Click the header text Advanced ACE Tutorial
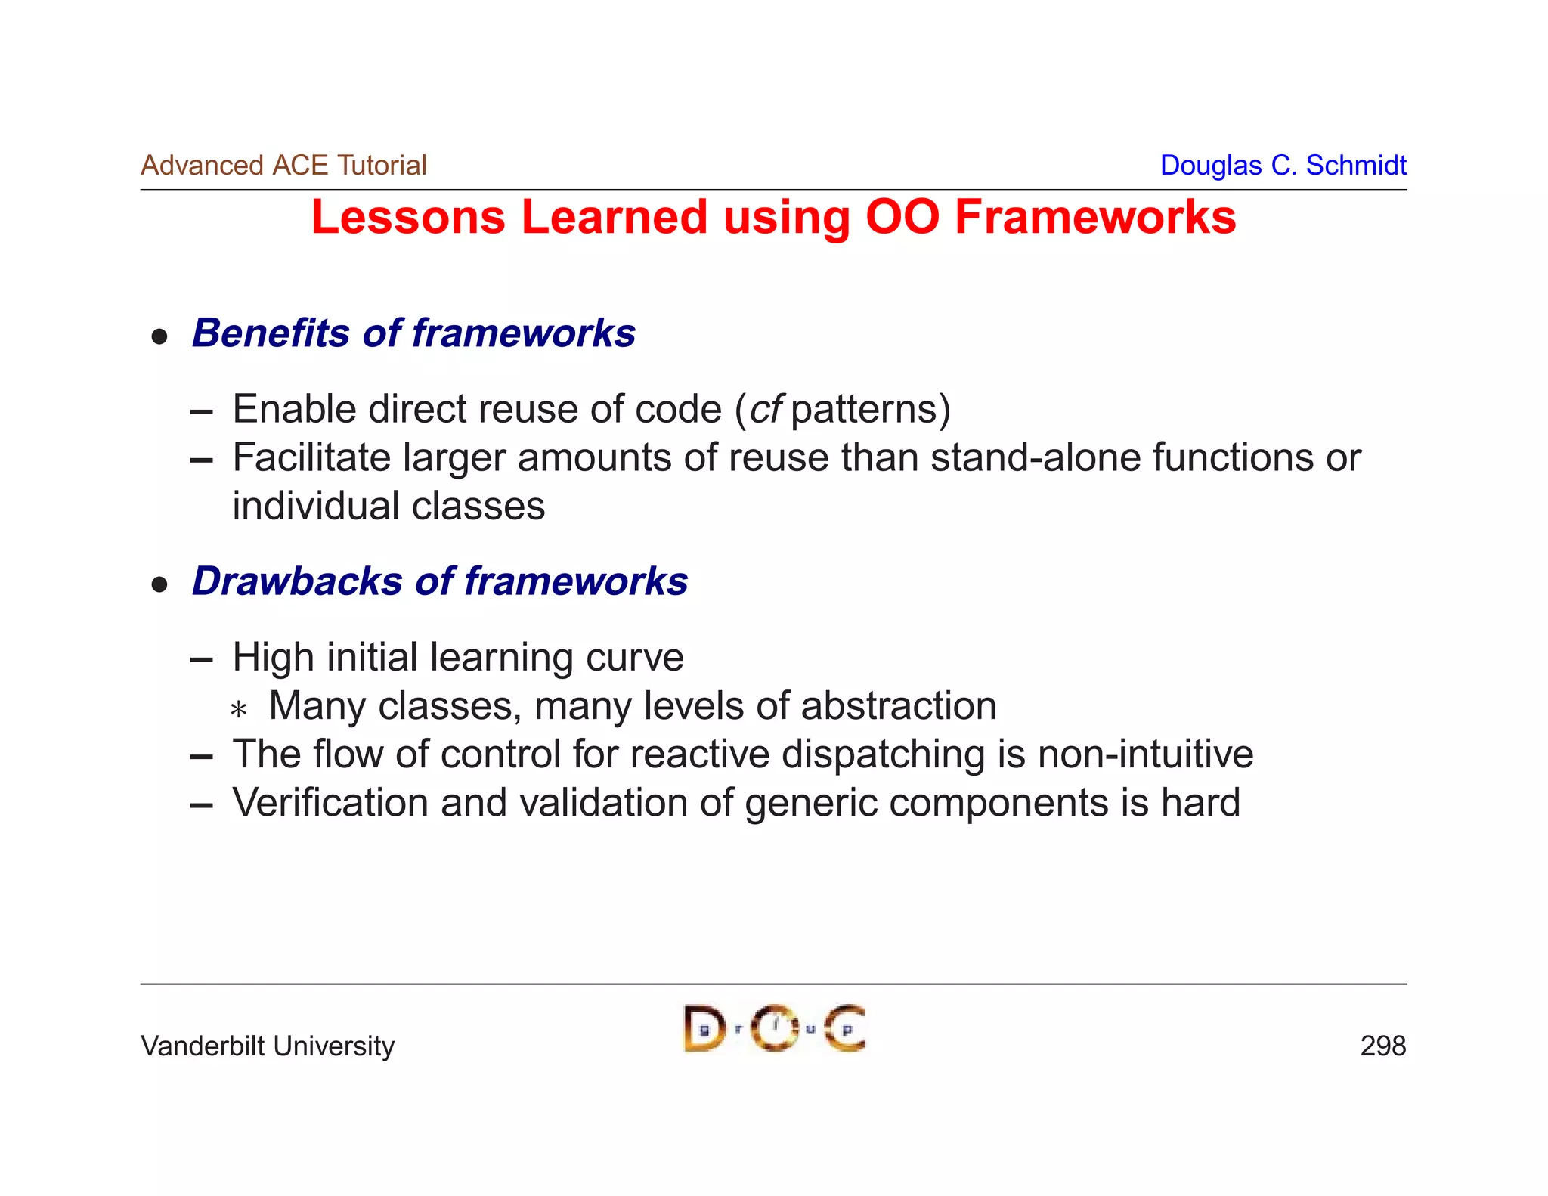click(x=283, y=165)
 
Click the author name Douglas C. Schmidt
click(x=1283, y=165)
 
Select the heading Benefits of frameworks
click(x=413, y=333)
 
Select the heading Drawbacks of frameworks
click(x=440, y=581)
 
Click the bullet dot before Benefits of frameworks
click(x=159, y=336)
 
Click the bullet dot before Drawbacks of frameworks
click(x=159, y=584)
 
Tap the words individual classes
click(x=389, y=506)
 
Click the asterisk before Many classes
click(x=239, y=710)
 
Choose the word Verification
click(x=330, y=802)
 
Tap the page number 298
click(x=1382, y=1046)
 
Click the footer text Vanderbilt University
click(x=268, y=1046)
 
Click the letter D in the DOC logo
click(x=704, y=1029)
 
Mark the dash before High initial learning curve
click(x=202, y=661)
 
